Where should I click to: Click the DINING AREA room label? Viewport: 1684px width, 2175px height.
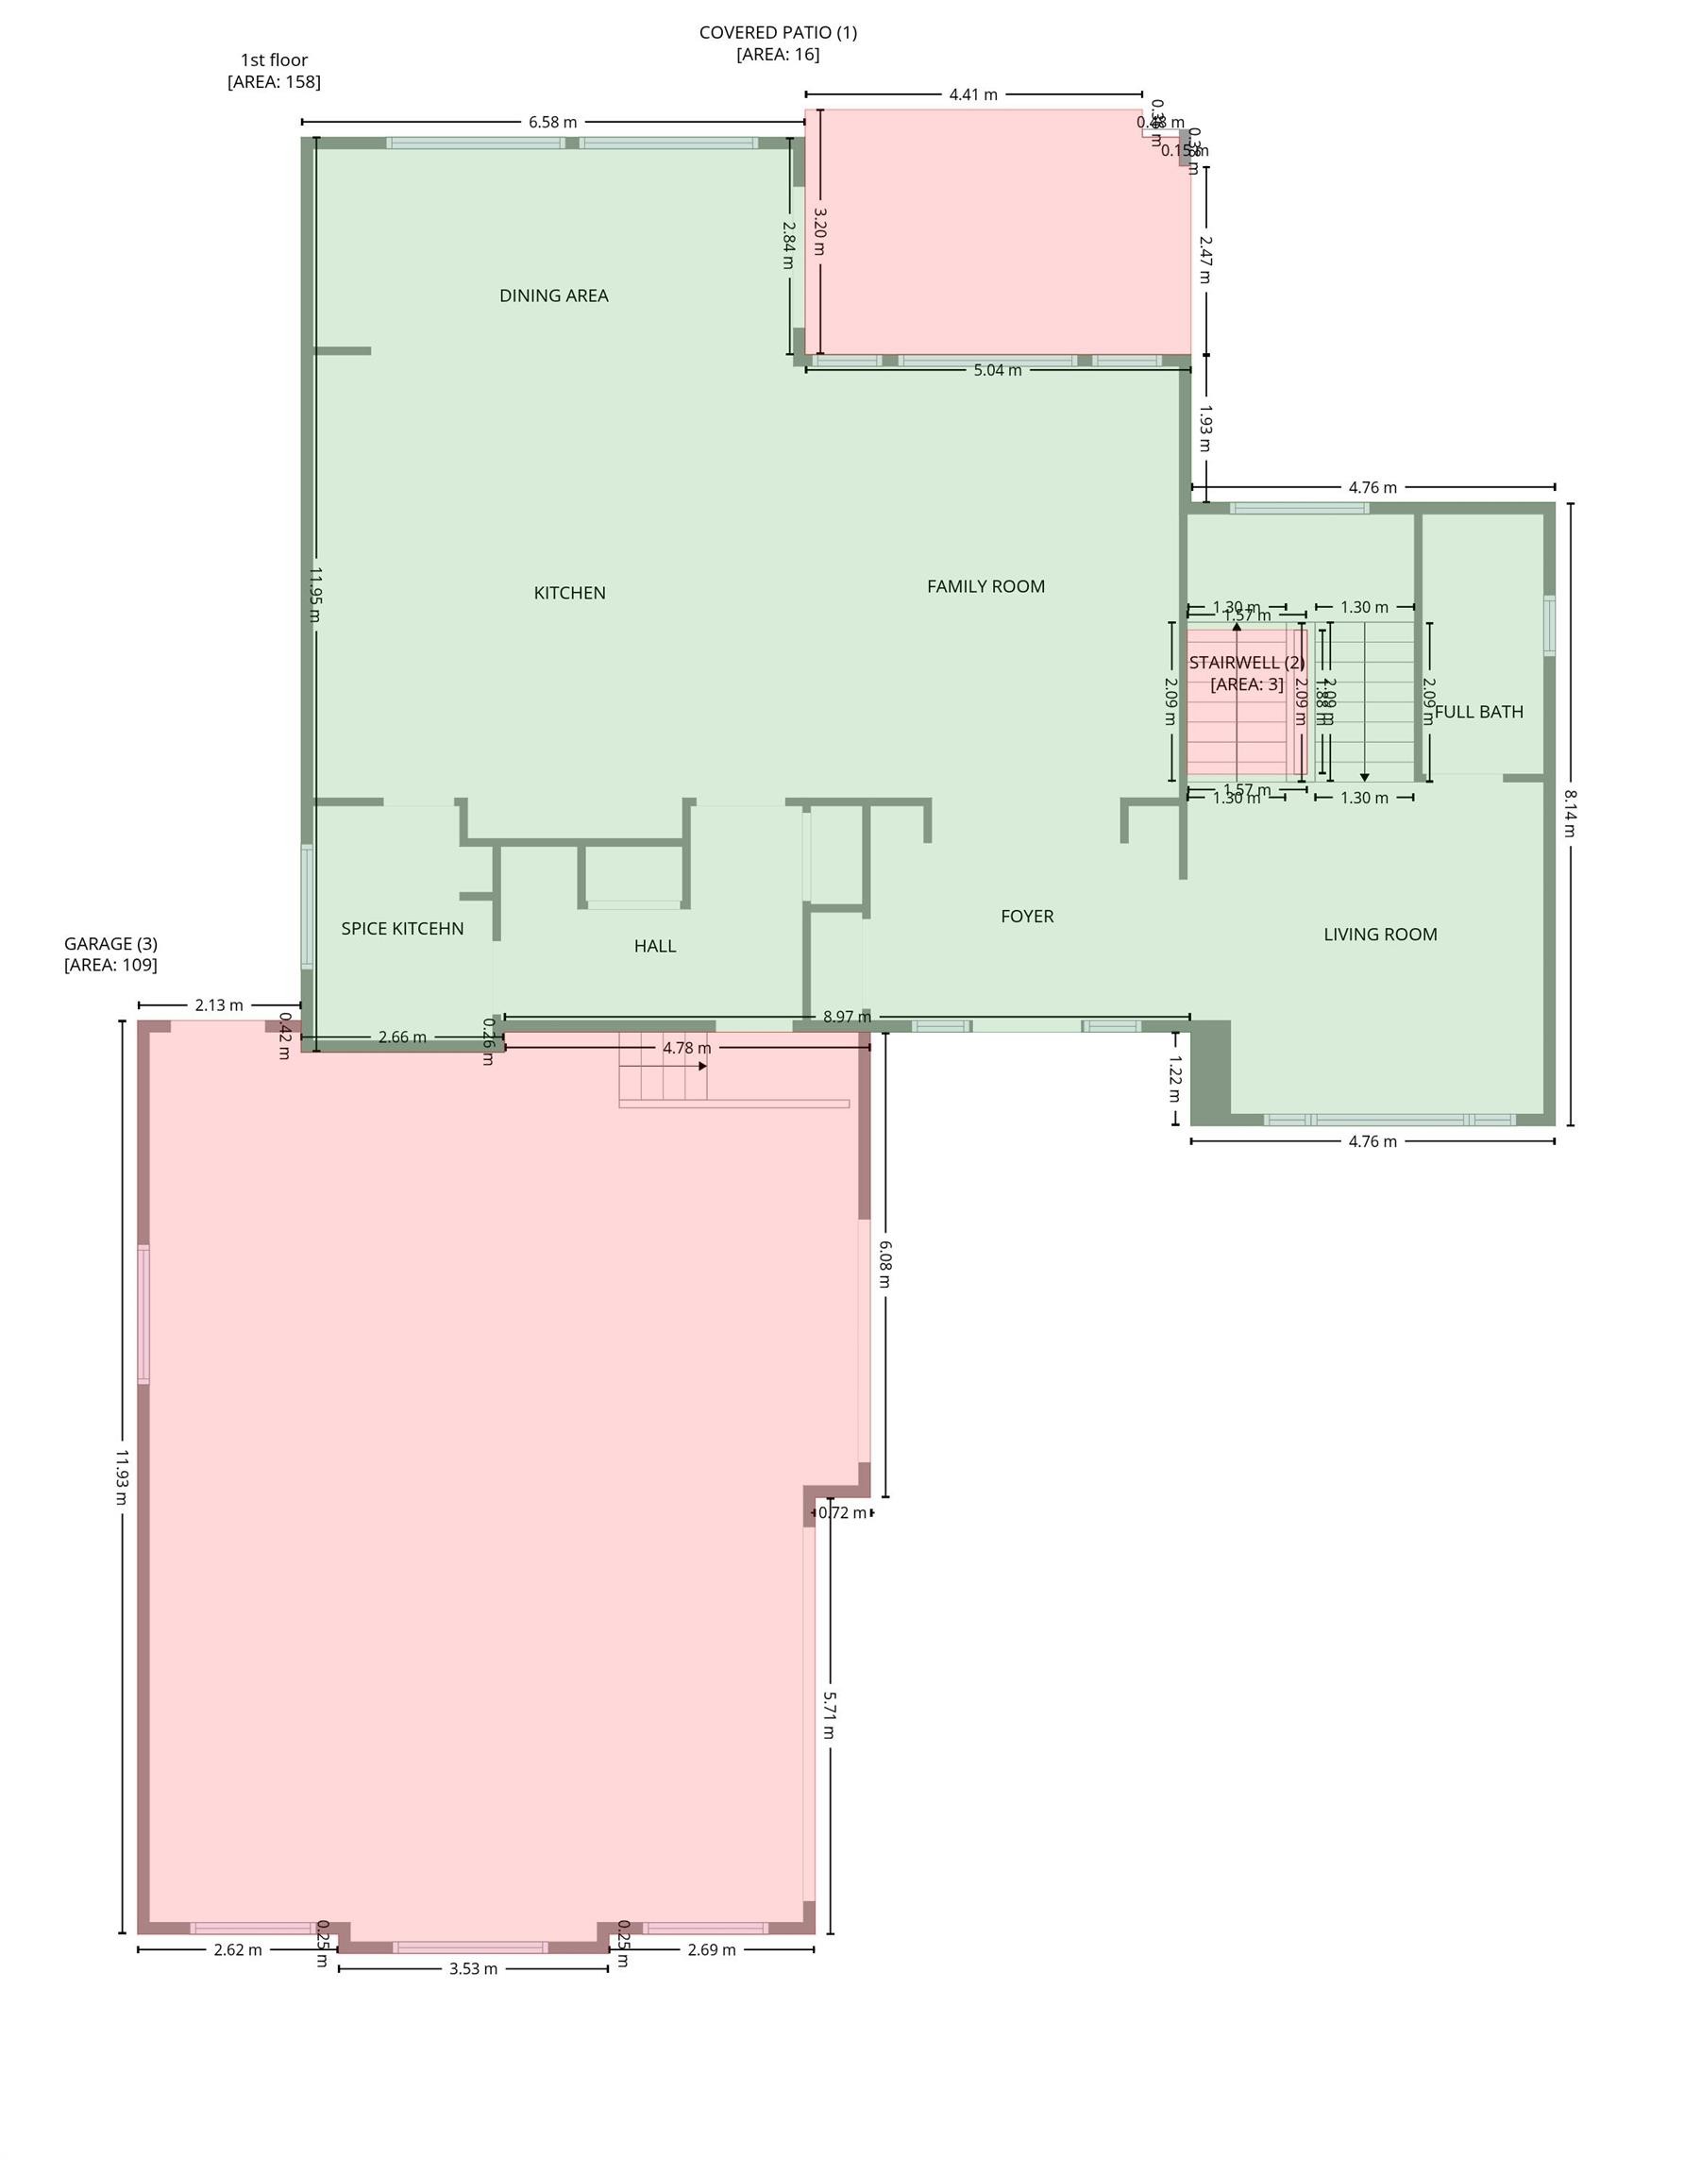[554, 295]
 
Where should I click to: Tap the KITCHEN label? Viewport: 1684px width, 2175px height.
[569, 593]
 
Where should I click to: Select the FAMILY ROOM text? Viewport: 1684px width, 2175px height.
[985, 586]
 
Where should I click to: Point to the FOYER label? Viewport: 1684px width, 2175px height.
[1027, 917]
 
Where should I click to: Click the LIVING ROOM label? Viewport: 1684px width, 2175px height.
[1380, 935]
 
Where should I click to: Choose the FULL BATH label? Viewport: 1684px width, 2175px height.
[1479, 712]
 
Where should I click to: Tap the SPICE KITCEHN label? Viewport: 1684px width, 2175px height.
[402, 928]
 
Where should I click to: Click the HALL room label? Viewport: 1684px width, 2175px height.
[655, 946]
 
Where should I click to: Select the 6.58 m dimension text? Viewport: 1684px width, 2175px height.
[553, 123]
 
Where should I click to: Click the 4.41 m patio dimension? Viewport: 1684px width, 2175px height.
[973, 94]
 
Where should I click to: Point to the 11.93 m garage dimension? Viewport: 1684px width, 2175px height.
[122, 1475]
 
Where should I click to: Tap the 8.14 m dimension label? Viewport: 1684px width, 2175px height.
[1571, 814]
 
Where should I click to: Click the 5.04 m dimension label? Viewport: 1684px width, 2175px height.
[997, 370]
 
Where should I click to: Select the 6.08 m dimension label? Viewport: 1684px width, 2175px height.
[885, 1263]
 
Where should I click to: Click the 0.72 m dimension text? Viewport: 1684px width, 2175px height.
[843, 1512]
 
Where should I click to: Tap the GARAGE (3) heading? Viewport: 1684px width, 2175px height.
[110, 943]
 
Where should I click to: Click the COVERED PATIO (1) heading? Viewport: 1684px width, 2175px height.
[778, 32]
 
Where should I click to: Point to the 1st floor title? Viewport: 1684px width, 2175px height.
[274, 59]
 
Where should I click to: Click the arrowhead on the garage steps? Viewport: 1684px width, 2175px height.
[702, 1066]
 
